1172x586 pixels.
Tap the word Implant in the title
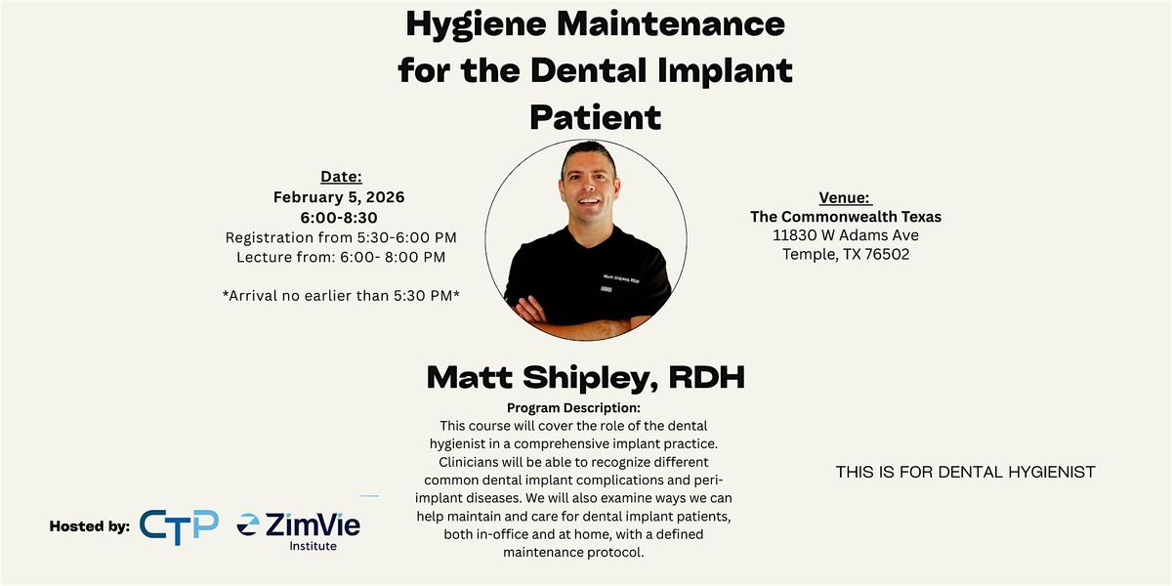pyautogui.click(x=723, y=70)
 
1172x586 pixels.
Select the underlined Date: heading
pyautogui.click(x=341, y=177)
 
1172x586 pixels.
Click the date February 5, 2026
pyautogui.click(x=339, y=196)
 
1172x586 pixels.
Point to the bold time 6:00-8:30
pyautogui.click(x=339, y=217)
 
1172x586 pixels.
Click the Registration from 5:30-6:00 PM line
pyautogui.click(x=341, y=237)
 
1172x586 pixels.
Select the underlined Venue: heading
pyautogui.click(x=845, y=197)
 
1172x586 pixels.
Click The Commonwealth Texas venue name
pyautogui.click(x=846, y=217)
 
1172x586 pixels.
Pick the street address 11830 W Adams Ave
pyautogui.click(x=846, y=235)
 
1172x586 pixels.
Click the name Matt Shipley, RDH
pyautogui.click(x=585, y=378)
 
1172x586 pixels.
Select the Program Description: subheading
pyautogui.click(x=573, y=407)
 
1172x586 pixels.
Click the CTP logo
pyautogui.click(x=179, y=525)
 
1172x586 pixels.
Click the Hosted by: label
pyautogui.click(x=90, y=526)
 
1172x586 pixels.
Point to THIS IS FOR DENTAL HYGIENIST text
pyautogui.click(x=965, y=473)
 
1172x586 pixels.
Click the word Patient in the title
pyautogui.click(x=595, y=117)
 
